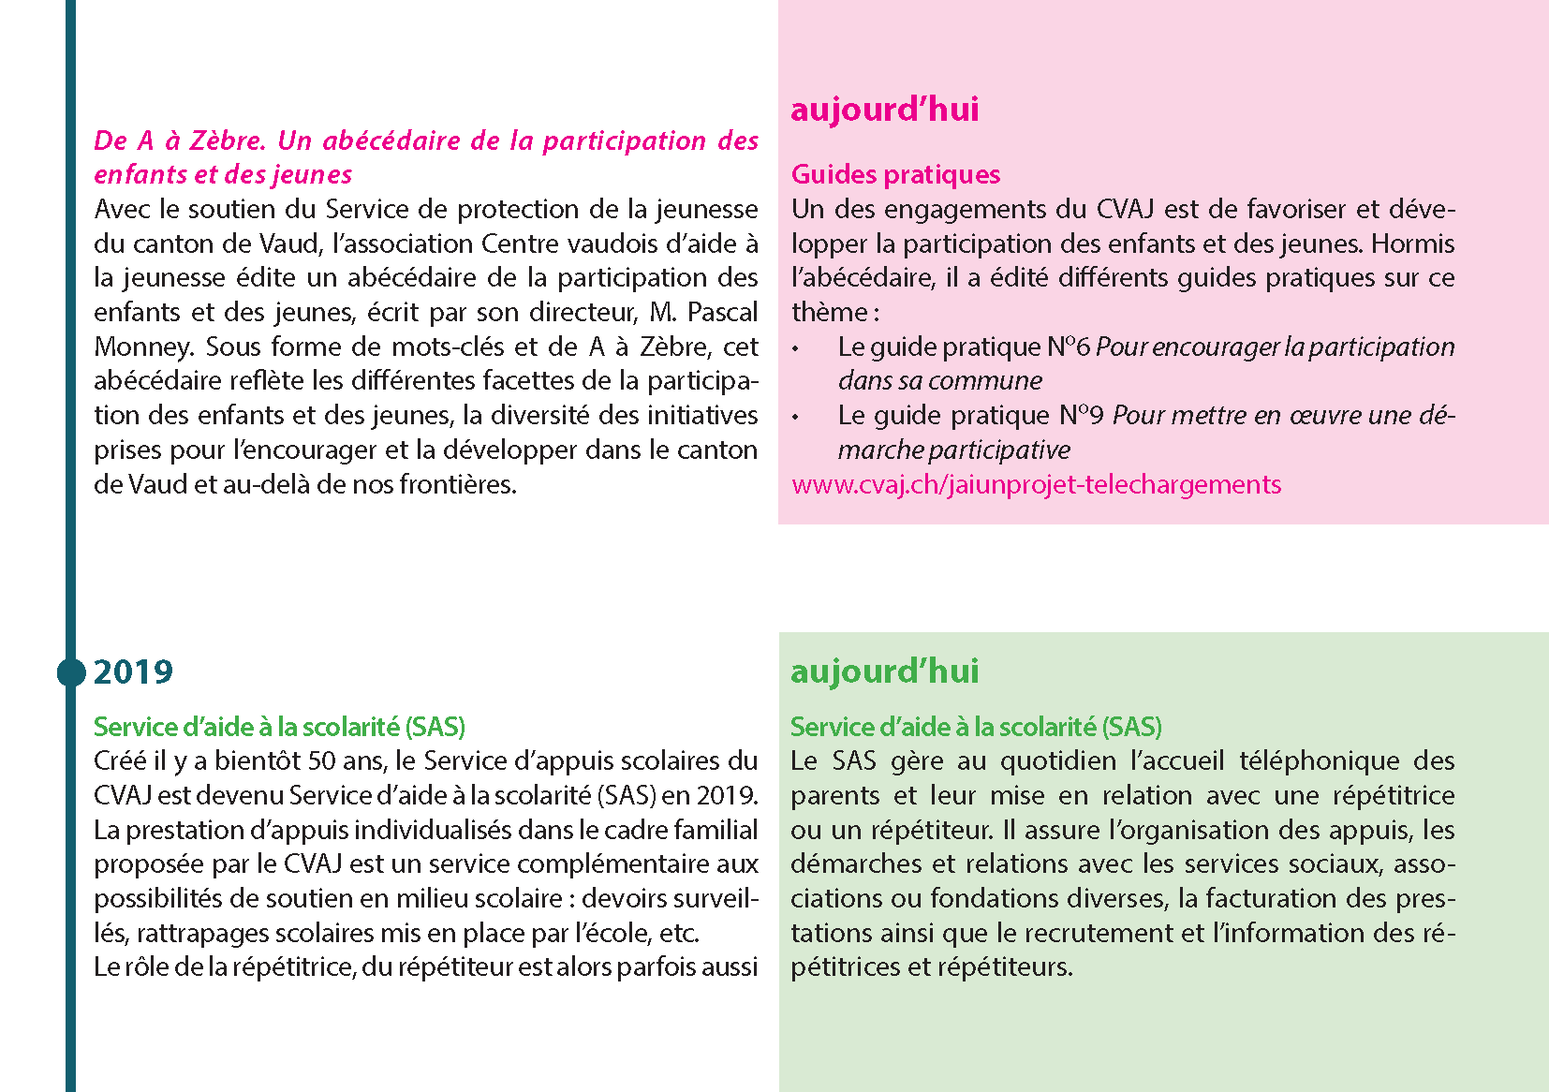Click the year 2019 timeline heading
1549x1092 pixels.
[x=133, y=672]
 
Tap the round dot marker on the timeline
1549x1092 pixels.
[x=71, y=672]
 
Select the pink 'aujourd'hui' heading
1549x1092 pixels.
[x=884, y=110]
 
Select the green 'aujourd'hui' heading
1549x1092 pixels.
[x=884, y=671]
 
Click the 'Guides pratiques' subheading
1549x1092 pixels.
[x=895, y=174]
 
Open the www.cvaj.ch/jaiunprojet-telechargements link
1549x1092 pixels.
[x=1036, y=484]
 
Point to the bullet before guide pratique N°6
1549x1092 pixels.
[x=796, y=348]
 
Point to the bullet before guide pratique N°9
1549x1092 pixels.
[x=796, y=417]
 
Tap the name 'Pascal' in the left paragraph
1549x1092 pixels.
[x=722, y=312]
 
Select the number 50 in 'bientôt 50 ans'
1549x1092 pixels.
[x=320, y=760]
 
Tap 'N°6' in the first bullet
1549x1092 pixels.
[x=1069, y=347]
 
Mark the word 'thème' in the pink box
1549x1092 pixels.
[x=829, y=312]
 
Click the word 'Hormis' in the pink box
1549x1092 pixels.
[x=1413, y=243]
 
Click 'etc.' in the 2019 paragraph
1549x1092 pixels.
[x=679, y=933]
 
